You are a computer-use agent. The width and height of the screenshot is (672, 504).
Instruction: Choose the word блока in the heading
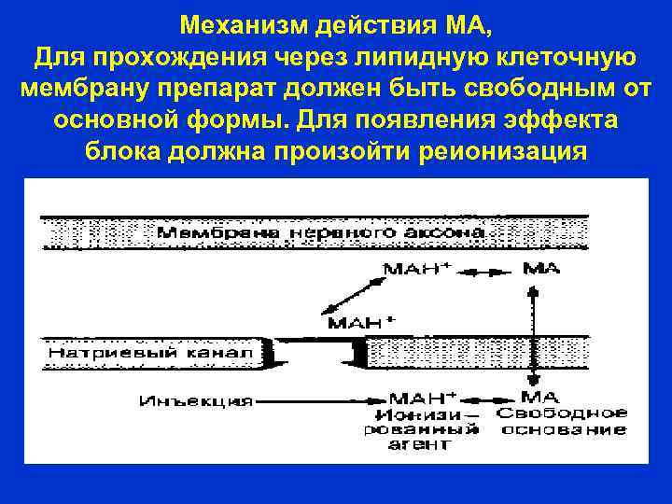(121, 152)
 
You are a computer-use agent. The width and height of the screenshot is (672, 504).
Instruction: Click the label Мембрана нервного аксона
(318, 231)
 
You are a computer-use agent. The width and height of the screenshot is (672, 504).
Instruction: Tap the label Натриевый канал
(150, 355)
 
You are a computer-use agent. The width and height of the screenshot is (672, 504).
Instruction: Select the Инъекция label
(197, 401)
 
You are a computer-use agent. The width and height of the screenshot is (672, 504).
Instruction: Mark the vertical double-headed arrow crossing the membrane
(534, 331)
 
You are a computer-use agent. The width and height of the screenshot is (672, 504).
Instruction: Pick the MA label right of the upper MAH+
(542, 268)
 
